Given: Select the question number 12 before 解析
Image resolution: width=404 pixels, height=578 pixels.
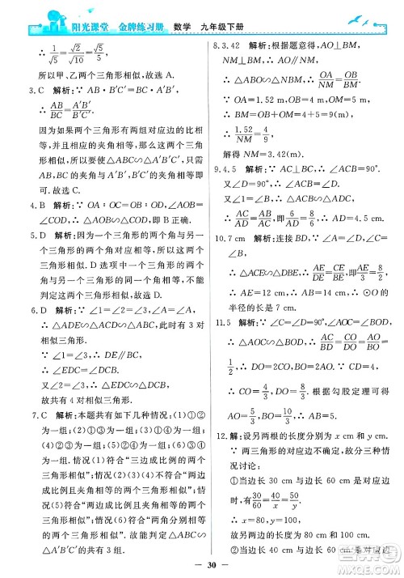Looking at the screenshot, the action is click(215, 439).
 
